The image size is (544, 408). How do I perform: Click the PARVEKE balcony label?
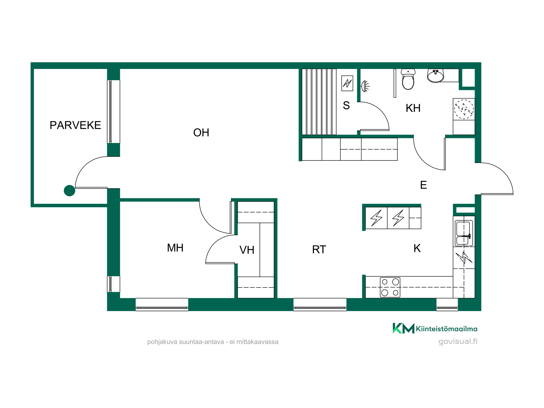(75, 125)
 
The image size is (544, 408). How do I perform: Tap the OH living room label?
(201, 133)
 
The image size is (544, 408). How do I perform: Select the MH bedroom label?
(175, 248)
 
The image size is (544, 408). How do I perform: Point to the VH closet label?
(247, 250)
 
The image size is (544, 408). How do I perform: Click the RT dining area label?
(319, 249)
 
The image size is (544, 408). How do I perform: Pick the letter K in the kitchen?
(417, 248)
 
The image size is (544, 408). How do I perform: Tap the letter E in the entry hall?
(424, 185)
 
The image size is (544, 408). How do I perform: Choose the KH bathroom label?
(413, 108)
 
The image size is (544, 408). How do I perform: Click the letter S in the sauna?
(346, 105)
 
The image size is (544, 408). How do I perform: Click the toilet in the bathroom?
(408, 79)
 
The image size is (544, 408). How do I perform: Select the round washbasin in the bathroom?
(435, 76)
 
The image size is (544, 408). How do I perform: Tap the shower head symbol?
(365, 86)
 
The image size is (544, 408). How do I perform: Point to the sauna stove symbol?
(347, 83)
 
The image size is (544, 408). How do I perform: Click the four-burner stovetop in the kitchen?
(390, 287)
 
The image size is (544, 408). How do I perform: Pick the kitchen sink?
(464, 233)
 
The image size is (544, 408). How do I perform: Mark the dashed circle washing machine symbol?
(464, 109)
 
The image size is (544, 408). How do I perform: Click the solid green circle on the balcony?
(69, 191)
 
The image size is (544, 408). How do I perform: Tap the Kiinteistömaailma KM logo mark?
(403, 328)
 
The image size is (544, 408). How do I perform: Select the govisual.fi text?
(458, 341)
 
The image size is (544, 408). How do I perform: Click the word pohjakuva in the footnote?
(162, 342)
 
